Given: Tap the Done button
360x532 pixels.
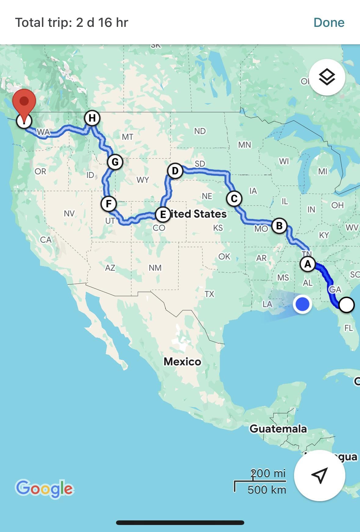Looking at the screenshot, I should click(329, 23).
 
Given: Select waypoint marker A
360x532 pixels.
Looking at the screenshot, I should click(307, 264).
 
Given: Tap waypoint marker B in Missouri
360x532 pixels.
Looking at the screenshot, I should click(279, 226).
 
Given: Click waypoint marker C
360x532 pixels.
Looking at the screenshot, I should click(234, 199).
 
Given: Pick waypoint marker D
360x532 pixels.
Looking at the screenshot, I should click(175, 171).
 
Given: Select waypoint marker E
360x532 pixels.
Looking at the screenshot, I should click(163, 214).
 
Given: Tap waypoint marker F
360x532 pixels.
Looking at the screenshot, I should click(109, 204).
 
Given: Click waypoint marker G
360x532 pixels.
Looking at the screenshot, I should click(115, 162).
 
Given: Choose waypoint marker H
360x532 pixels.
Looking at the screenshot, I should click(92, 118).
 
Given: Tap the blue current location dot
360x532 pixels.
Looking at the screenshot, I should click(302, 304).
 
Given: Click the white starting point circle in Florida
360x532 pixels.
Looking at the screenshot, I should click(347, 305).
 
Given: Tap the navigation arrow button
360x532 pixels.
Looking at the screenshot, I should click(319, 475).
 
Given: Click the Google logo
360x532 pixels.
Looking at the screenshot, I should click(45, 488).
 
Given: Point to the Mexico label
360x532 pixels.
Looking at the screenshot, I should click(182, 362).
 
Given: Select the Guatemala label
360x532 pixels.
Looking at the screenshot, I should click(278, 429).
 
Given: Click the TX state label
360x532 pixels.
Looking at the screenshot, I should click(209, 294).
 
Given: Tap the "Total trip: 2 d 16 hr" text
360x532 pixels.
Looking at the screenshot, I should click(72, 23).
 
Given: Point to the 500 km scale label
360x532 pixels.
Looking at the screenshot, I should click(267, 490).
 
